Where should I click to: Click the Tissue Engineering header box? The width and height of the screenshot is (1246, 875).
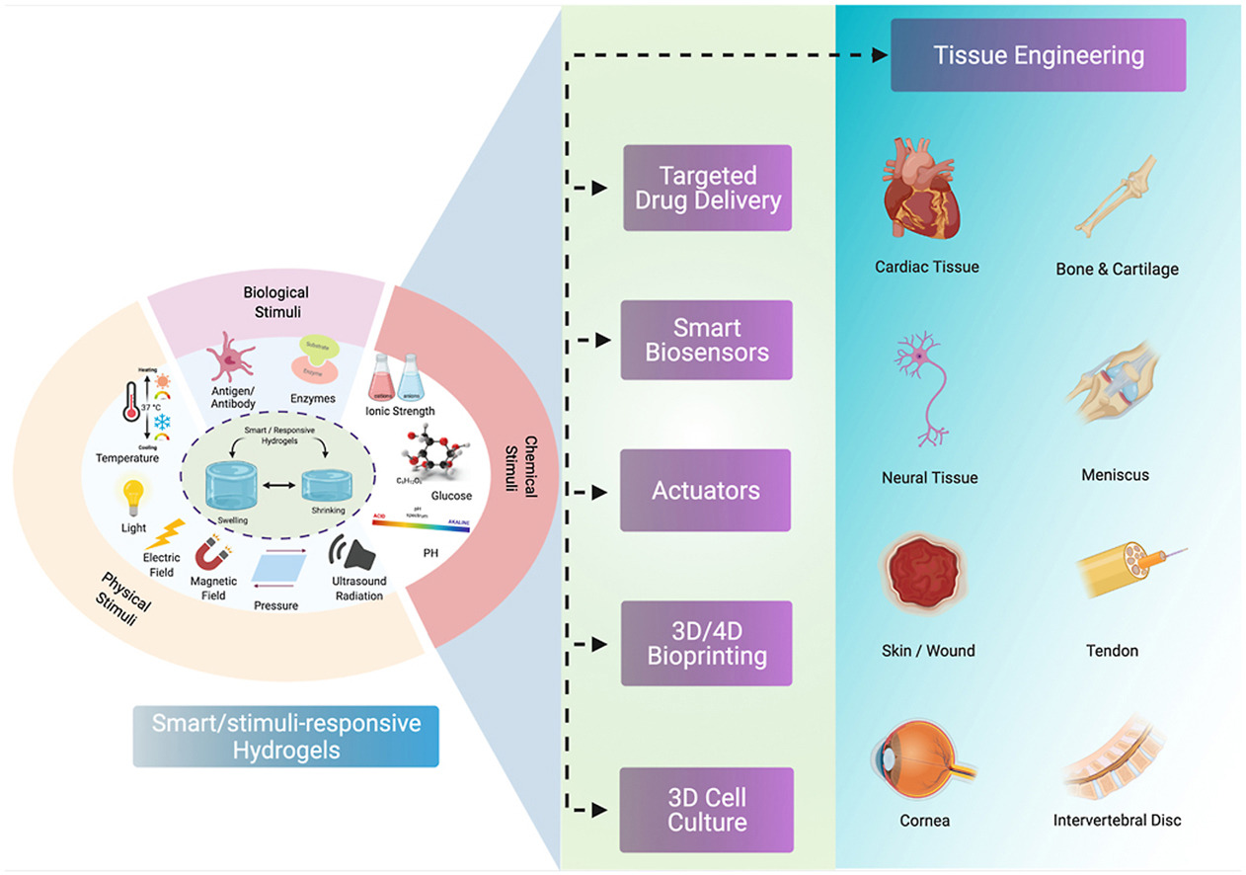pos(1039,55)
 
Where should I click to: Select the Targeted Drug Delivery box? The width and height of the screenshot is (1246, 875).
pos(706,189)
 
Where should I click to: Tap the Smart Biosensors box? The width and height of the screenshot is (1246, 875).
pos(706,340)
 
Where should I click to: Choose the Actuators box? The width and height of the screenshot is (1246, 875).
pos(706,490)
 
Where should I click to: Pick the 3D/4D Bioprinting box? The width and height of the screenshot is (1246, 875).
pos(706,642)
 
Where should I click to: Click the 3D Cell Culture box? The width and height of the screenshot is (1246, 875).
pos(706,809)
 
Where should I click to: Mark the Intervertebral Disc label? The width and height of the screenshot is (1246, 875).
pos(1117,820)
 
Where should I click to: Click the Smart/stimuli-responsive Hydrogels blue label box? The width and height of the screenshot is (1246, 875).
pos(286,737)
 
